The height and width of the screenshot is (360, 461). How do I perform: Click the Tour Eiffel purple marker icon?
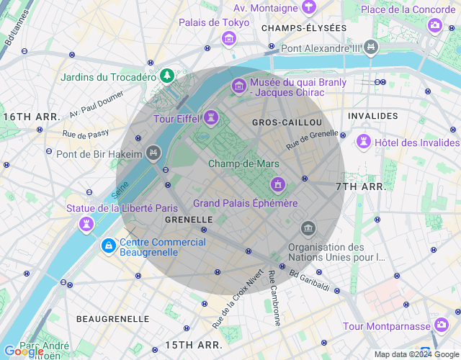pos(211,117)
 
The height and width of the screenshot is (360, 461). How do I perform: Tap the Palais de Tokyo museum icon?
pos(229,37)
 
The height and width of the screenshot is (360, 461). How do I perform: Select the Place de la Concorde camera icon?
pos(434,25)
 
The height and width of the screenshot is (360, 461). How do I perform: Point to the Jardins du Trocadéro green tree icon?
pos(167,75)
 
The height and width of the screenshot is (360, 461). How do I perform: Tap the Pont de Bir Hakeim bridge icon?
pos(153,153)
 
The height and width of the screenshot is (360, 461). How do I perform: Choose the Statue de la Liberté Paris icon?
pos(86,224)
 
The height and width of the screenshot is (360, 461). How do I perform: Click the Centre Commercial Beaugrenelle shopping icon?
pos(108,246)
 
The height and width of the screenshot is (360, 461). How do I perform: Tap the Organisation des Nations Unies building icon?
pos(308,230)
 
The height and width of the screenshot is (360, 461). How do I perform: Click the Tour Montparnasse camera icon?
pos(441,325)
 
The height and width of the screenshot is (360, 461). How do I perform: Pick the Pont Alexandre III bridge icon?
pos(371,48)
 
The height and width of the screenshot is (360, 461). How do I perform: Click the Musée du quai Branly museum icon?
pos(238,86)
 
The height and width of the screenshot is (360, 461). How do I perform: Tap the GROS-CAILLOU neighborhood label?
pos(287,122)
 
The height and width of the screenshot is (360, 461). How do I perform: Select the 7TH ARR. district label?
pos(362,186)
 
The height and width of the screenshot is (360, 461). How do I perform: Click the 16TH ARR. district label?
pos(32,116)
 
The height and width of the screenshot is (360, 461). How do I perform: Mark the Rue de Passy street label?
pos(86,134)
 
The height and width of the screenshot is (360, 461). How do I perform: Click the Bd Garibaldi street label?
pos(310,280)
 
